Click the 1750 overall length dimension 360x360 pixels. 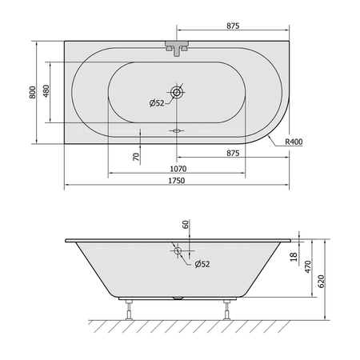click(177, 181)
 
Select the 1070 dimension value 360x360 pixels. click(178, 169)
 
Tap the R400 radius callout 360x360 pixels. click(294, 142)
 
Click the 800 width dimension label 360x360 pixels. click(32, 92)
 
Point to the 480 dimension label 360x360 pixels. click(46, 91)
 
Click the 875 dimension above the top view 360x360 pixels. click(233, 26)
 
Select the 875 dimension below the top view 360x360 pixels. click(233, 154)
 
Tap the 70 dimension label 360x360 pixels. click(136, 157)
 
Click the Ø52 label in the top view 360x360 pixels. click(157, 103)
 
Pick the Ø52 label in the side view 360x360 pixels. click(202, 264)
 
